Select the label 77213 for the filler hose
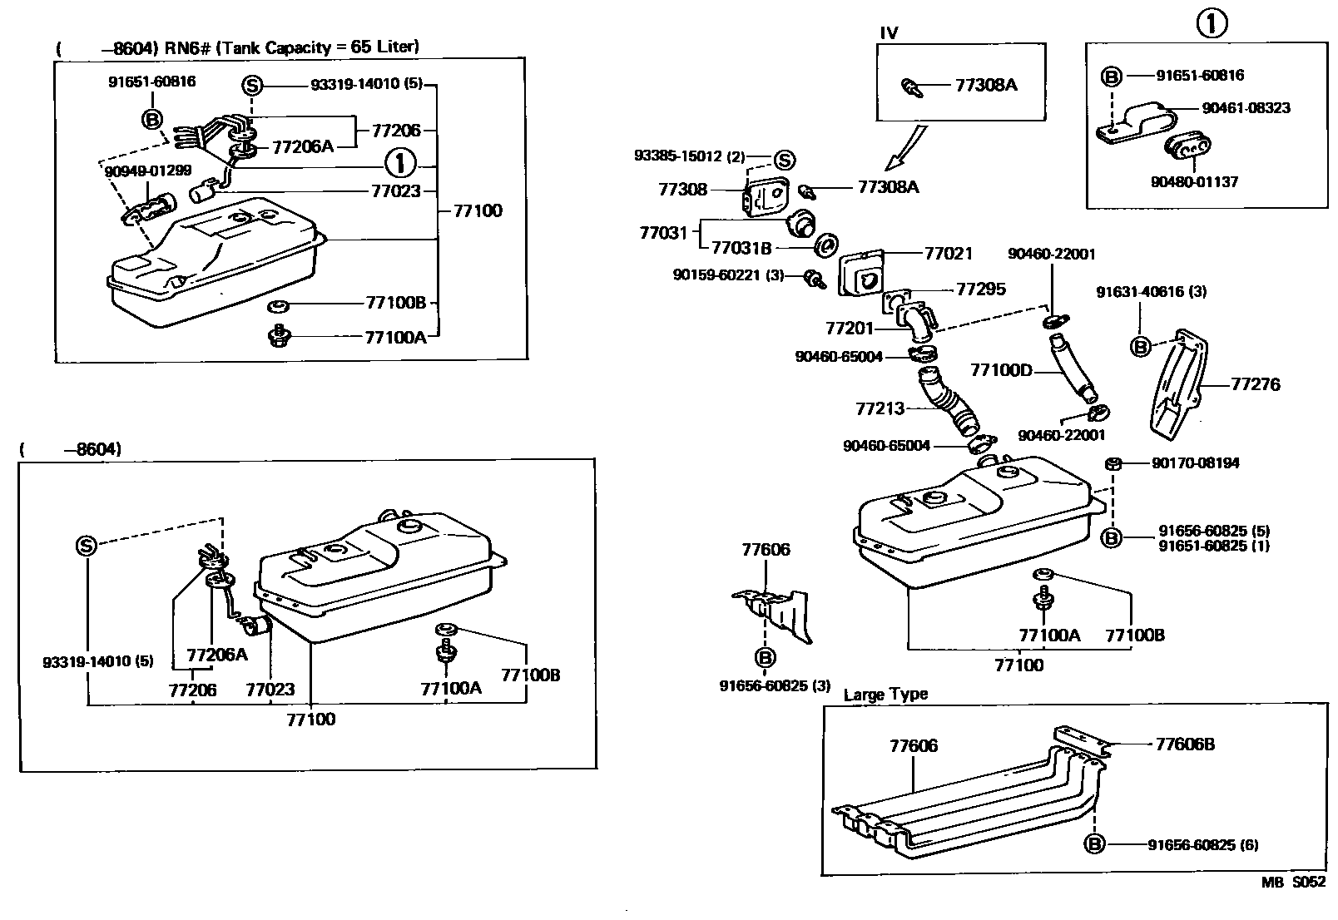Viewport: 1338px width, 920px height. tap(880, 408)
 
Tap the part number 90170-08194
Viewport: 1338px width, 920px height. tap(1195, 462)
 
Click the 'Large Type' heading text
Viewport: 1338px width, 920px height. tap(885, 695)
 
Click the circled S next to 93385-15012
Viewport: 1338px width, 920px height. tap(784, 160)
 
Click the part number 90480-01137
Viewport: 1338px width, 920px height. tap(1195, 181)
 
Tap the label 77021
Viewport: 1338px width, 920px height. tap(948, 253)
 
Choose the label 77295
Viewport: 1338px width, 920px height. tap(980, 289)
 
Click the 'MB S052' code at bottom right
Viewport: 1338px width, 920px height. tap(1292, 883)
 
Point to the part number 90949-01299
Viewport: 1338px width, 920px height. tap(148, 171)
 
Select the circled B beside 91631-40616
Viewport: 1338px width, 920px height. tap(1141, 346)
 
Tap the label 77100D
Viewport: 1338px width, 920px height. tap(1000, 369)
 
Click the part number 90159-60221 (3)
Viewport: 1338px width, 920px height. tap(728, 275)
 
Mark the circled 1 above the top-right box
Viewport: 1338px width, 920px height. tap(1212, 24)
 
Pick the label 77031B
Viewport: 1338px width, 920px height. tap(741, 247)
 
